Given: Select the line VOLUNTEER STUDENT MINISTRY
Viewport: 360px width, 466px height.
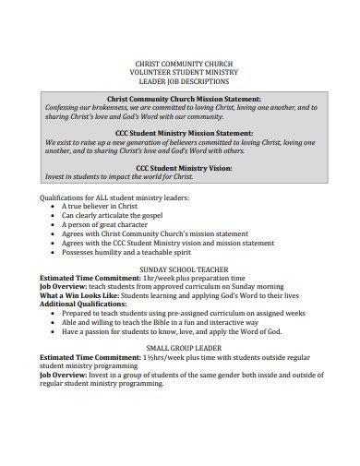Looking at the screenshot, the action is tap(180, 73).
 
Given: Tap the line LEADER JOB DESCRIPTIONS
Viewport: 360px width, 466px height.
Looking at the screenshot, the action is tap(180, 82).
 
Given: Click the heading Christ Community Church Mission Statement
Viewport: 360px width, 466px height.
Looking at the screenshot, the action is tap(184, 98).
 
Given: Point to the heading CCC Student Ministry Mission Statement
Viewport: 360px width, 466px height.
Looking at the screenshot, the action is tap(183, 133).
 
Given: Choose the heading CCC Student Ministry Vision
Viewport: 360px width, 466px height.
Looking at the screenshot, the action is tap(184, 168).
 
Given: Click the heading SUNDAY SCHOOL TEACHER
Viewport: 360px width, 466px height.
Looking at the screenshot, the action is tap(180, 269).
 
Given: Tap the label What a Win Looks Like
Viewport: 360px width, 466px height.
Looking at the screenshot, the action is tap(75, 295).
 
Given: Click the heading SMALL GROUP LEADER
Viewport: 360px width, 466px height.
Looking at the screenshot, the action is tap(180, 347).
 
